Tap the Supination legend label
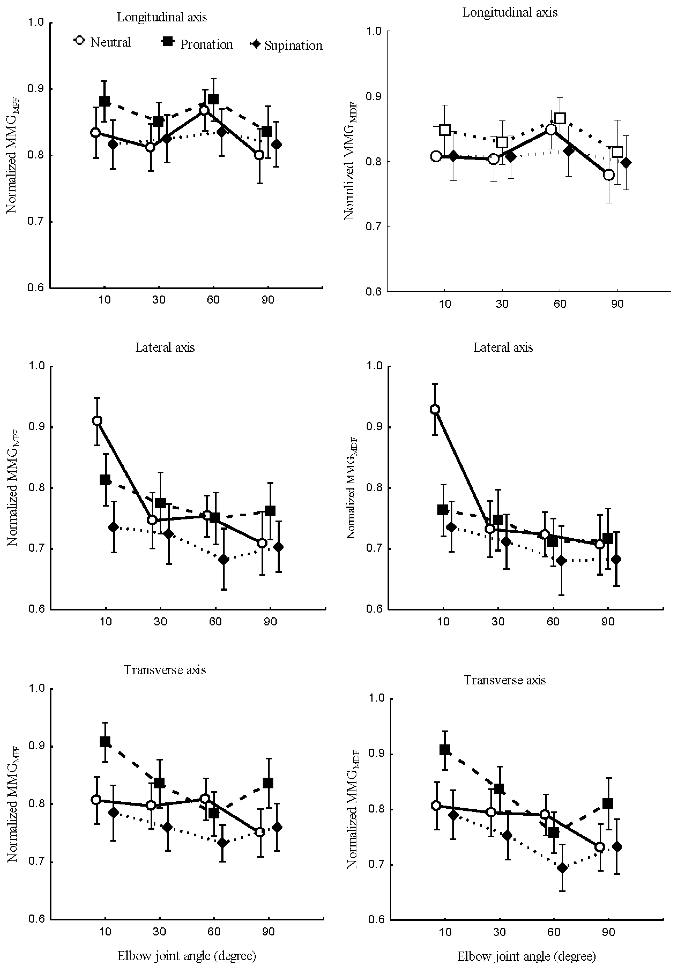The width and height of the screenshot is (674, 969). click(x=293, y=46)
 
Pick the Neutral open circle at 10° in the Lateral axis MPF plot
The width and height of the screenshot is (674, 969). click(x=97, y=421)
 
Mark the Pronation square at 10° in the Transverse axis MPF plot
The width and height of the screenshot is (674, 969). click(x=105, y=742)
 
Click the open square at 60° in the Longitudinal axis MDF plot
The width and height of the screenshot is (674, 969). click(x=560, y=118)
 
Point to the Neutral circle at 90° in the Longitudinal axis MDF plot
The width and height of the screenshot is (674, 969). click(x=608, y=175)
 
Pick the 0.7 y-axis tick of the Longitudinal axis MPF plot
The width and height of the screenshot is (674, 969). click(x=36, y=222)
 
